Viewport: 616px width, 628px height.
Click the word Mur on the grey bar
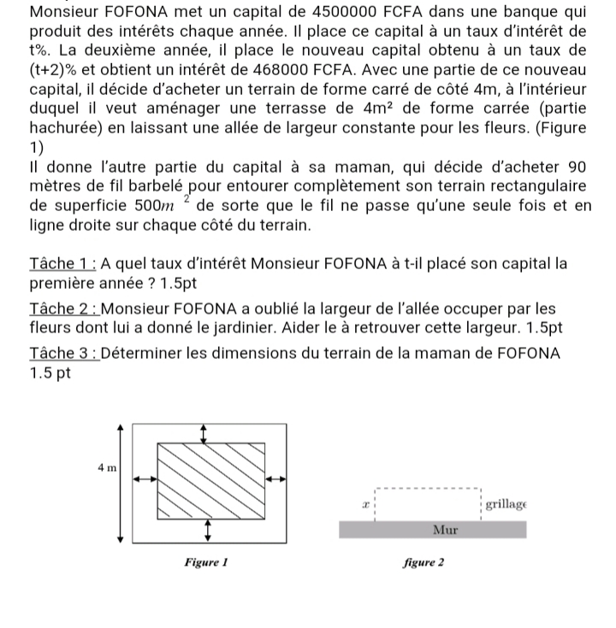[x=445, y=531]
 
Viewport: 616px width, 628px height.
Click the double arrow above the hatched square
[x=203, y=433]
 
